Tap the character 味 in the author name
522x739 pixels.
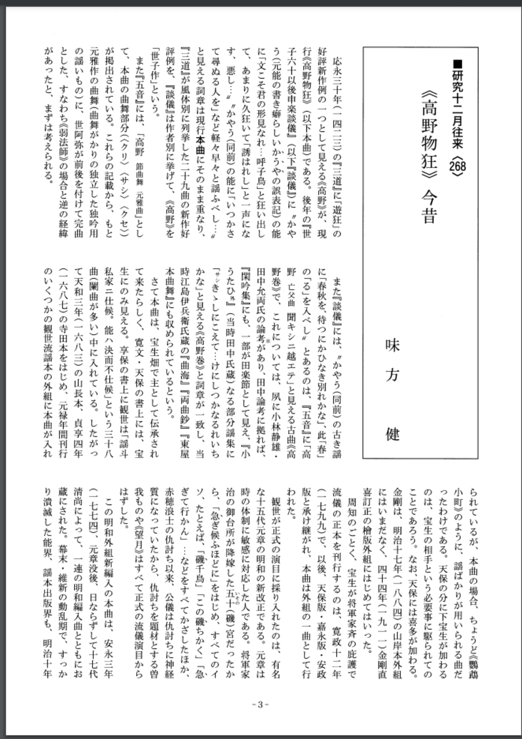click(392, 346)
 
